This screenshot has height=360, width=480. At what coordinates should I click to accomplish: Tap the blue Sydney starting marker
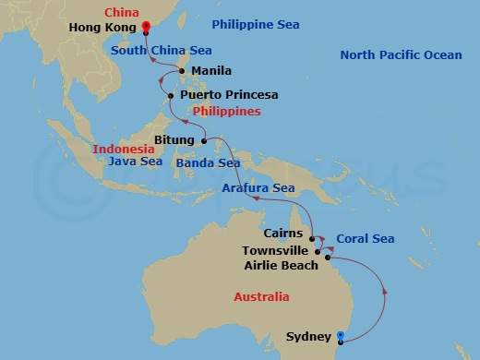point(341,336)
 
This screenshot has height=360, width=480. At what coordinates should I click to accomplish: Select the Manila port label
point(212,70)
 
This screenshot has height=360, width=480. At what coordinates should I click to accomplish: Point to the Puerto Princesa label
point(229,94)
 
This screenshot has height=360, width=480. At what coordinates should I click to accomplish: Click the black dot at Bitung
point(204,141)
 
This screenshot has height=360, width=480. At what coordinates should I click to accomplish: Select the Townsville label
point(275,250)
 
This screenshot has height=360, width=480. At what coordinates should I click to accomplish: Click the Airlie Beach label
point(281,266)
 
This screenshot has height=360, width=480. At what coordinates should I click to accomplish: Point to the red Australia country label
point(260,296)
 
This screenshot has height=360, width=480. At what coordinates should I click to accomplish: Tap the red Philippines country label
point(226,111)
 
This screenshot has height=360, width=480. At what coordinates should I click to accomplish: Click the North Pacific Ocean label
point(401,55)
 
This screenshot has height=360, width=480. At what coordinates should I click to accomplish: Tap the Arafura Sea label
point(258,188)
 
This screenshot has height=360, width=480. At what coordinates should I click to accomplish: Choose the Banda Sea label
point(210,163)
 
